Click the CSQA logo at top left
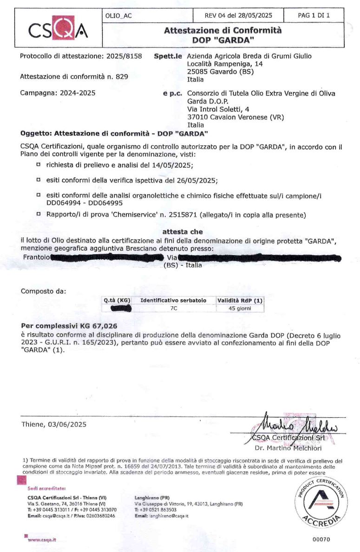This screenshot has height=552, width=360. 58,31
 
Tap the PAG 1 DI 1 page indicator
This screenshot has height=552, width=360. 314,15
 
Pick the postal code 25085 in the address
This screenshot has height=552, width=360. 196,72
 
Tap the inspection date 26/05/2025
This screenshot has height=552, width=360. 200,180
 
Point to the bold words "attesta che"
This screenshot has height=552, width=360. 182,231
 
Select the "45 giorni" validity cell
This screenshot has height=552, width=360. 240,309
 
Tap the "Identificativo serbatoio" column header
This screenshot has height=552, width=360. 173,300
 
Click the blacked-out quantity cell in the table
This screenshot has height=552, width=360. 118,309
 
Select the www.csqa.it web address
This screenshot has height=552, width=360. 42,539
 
